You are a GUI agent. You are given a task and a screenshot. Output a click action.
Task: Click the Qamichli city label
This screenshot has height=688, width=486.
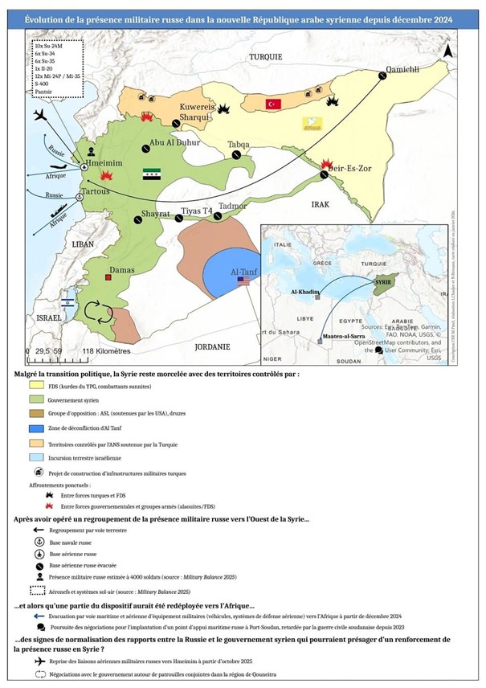(x=404, y=69)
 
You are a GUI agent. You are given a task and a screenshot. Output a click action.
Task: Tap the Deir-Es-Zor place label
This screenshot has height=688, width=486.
(x=357, y=170)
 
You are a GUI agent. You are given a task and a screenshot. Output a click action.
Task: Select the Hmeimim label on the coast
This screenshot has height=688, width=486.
(x=100, y=163)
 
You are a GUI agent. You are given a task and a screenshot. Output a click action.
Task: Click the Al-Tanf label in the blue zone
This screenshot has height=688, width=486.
(x=243, y=272)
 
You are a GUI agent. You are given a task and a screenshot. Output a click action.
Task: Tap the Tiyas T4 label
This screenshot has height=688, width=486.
(x=197, y=211)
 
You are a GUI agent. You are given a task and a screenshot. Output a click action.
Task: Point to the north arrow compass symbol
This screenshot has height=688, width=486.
(x=449, y=50)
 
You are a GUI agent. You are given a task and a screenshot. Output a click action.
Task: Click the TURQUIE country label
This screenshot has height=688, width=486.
(x=265, y=57)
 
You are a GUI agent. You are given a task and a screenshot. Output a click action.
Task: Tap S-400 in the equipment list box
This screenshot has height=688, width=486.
(x=42, y=82)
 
